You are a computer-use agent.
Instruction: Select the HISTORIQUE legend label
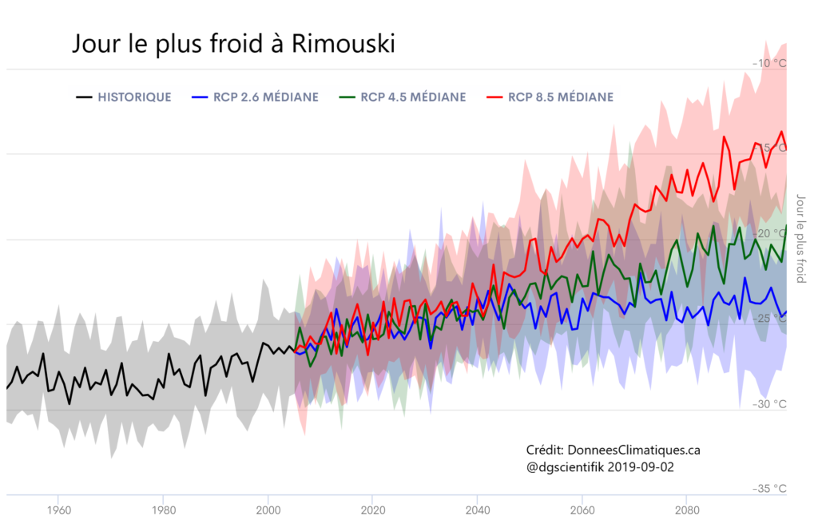pos(134,97)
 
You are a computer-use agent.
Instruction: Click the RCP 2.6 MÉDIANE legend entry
pos(265,97)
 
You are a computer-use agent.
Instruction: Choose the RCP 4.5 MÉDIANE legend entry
pos(413,97)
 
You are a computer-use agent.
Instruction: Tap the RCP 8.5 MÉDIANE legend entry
pos(561,97)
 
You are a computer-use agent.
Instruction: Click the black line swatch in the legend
pos(84,97)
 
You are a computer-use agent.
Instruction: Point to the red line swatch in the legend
pos(494,97)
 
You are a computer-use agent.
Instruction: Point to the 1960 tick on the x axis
pos(58,509)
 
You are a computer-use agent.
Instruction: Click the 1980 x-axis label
pos(163,509)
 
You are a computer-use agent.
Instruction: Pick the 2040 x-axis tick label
pos(477,509)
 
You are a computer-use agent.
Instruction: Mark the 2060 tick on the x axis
pos(582,509)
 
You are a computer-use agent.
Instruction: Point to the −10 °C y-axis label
pos(769,63)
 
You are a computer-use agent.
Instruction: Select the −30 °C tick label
pos(769,404)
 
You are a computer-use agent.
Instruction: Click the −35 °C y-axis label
pos(769,489)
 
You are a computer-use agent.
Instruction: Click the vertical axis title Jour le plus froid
pos(801,239)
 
